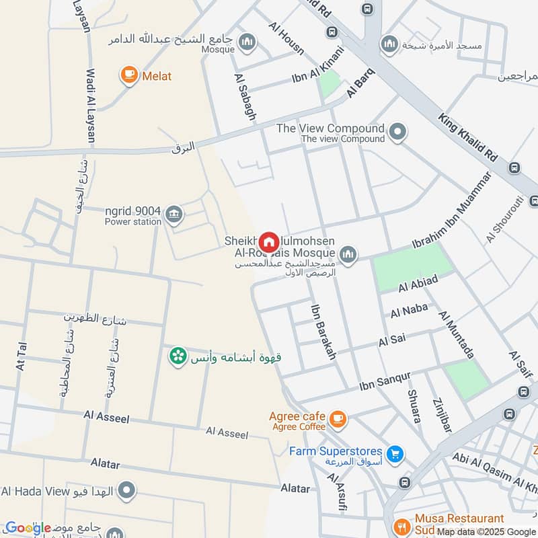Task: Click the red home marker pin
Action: [269, 241]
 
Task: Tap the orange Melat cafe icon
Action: [129, 76]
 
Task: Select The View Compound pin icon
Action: [398, 132]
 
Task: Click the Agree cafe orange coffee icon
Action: [338, 420]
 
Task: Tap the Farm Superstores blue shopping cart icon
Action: [396, 455]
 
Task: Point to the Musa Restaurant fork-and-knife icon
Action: [401, 525]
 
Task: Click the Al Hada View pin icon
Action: [125, 491]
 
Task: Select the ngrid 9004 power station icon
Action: [174, 215]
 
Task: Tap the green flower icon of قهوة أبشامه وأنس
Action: [178, 356]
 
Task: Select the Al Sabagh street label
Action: [245, 98]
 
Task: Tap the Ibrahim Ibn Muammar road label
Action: [452, 208]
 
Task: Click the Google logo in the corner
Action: [28, 528]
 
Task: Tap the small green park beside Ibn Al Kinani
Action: [329, 83]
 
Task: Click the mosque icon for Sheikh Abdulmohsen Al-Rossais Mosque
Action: [347, 254]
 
